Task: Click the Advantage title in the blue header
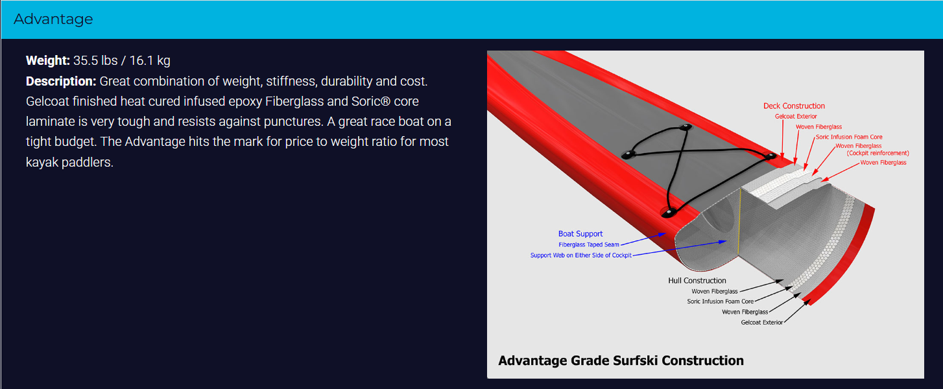53,19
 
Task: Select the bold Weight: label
47,61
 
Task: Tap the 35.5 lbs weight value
95,61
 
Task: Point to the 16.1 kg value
150,61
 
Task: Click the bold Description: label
61,81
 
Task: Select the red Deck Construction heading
794,106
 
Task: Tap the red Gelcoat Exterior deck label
796,116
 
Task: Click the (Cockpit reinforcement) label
877,153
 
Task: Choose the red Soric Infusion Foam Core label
849,137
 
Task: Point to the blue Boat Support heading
580,233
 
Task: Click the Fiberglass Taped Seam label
588,244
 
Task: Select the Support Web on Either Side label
580,255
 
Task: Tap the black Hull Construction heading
697,280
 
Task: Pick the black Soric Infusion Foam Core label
720,301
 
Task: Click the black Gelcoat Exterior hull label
761,322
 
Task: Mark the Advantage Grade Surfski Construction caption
621,360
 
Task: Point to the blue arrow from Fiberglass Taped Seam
643,239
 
